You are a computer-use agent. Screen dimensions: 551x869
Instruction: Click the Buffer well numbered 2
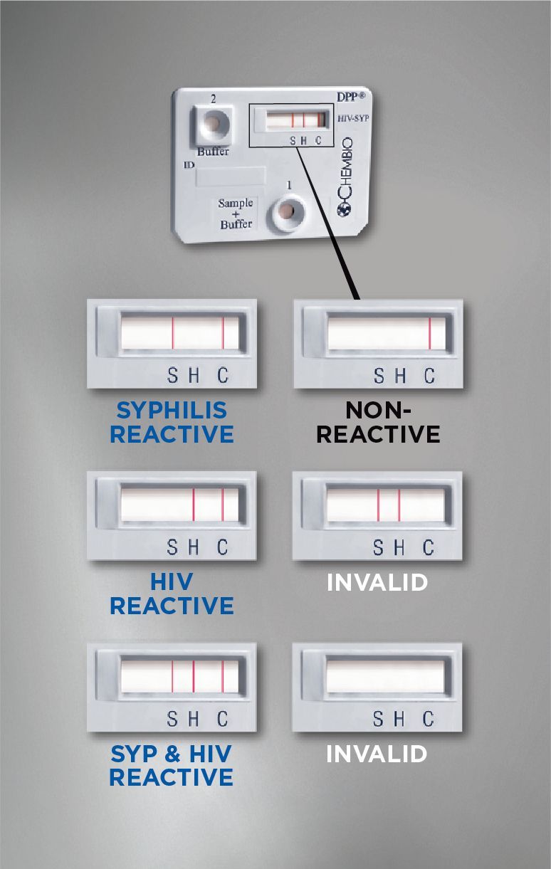coord(213,124)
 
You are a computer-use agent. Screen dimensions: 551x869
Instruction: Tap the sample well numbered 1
coord(288,211)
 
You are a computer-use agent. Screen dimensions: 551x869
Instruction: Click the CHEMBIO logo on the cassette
coord(345,177)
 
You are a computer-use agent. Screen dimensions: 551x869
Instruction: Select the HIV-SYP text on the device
coord(352,118)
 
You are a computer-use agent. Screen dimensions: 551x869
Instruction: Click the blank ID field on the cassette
coord(231,177)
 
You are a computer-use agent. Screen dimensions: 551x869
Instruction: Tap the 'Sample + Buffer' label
coord(236,214)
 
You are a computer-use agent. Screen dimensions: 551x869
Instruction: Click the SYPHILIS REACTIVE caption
coord(172,422)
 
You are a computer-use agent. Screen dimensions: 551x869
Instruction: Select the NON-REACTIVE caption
coord(378,422)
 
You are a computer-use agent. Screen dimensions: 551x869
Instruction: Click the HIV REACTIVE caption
coord(172,594)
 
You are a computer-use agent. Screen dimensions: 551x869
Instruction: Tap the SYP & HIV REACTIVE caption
coord(171,765)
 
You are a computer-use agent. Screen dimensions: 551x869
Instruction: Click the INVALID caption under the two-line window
coord(377,582)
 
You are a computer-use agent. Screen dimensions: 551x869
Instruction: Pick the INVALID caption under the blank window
coord(377,754)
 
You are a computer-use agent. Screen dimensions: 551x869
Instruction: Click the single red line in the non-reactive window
coord(430,333)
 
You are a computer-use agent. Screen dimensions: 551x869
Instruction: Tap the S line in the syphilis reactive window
coord(173,333)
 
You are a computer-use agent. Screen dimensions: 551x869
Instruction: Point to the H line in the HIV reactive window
coord(193,505)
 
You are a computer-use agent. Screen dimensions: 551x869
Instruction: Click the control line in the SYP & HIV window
coord(223,676)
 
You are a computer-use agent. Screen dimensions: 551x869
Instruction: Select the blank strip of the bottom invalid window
coord(385,676)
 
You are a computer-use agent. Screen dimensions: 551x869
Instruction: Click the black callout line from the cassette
coord(327,223)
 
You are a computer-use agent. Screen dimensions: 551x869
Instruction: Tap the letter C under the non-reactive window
coord(429,376)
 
